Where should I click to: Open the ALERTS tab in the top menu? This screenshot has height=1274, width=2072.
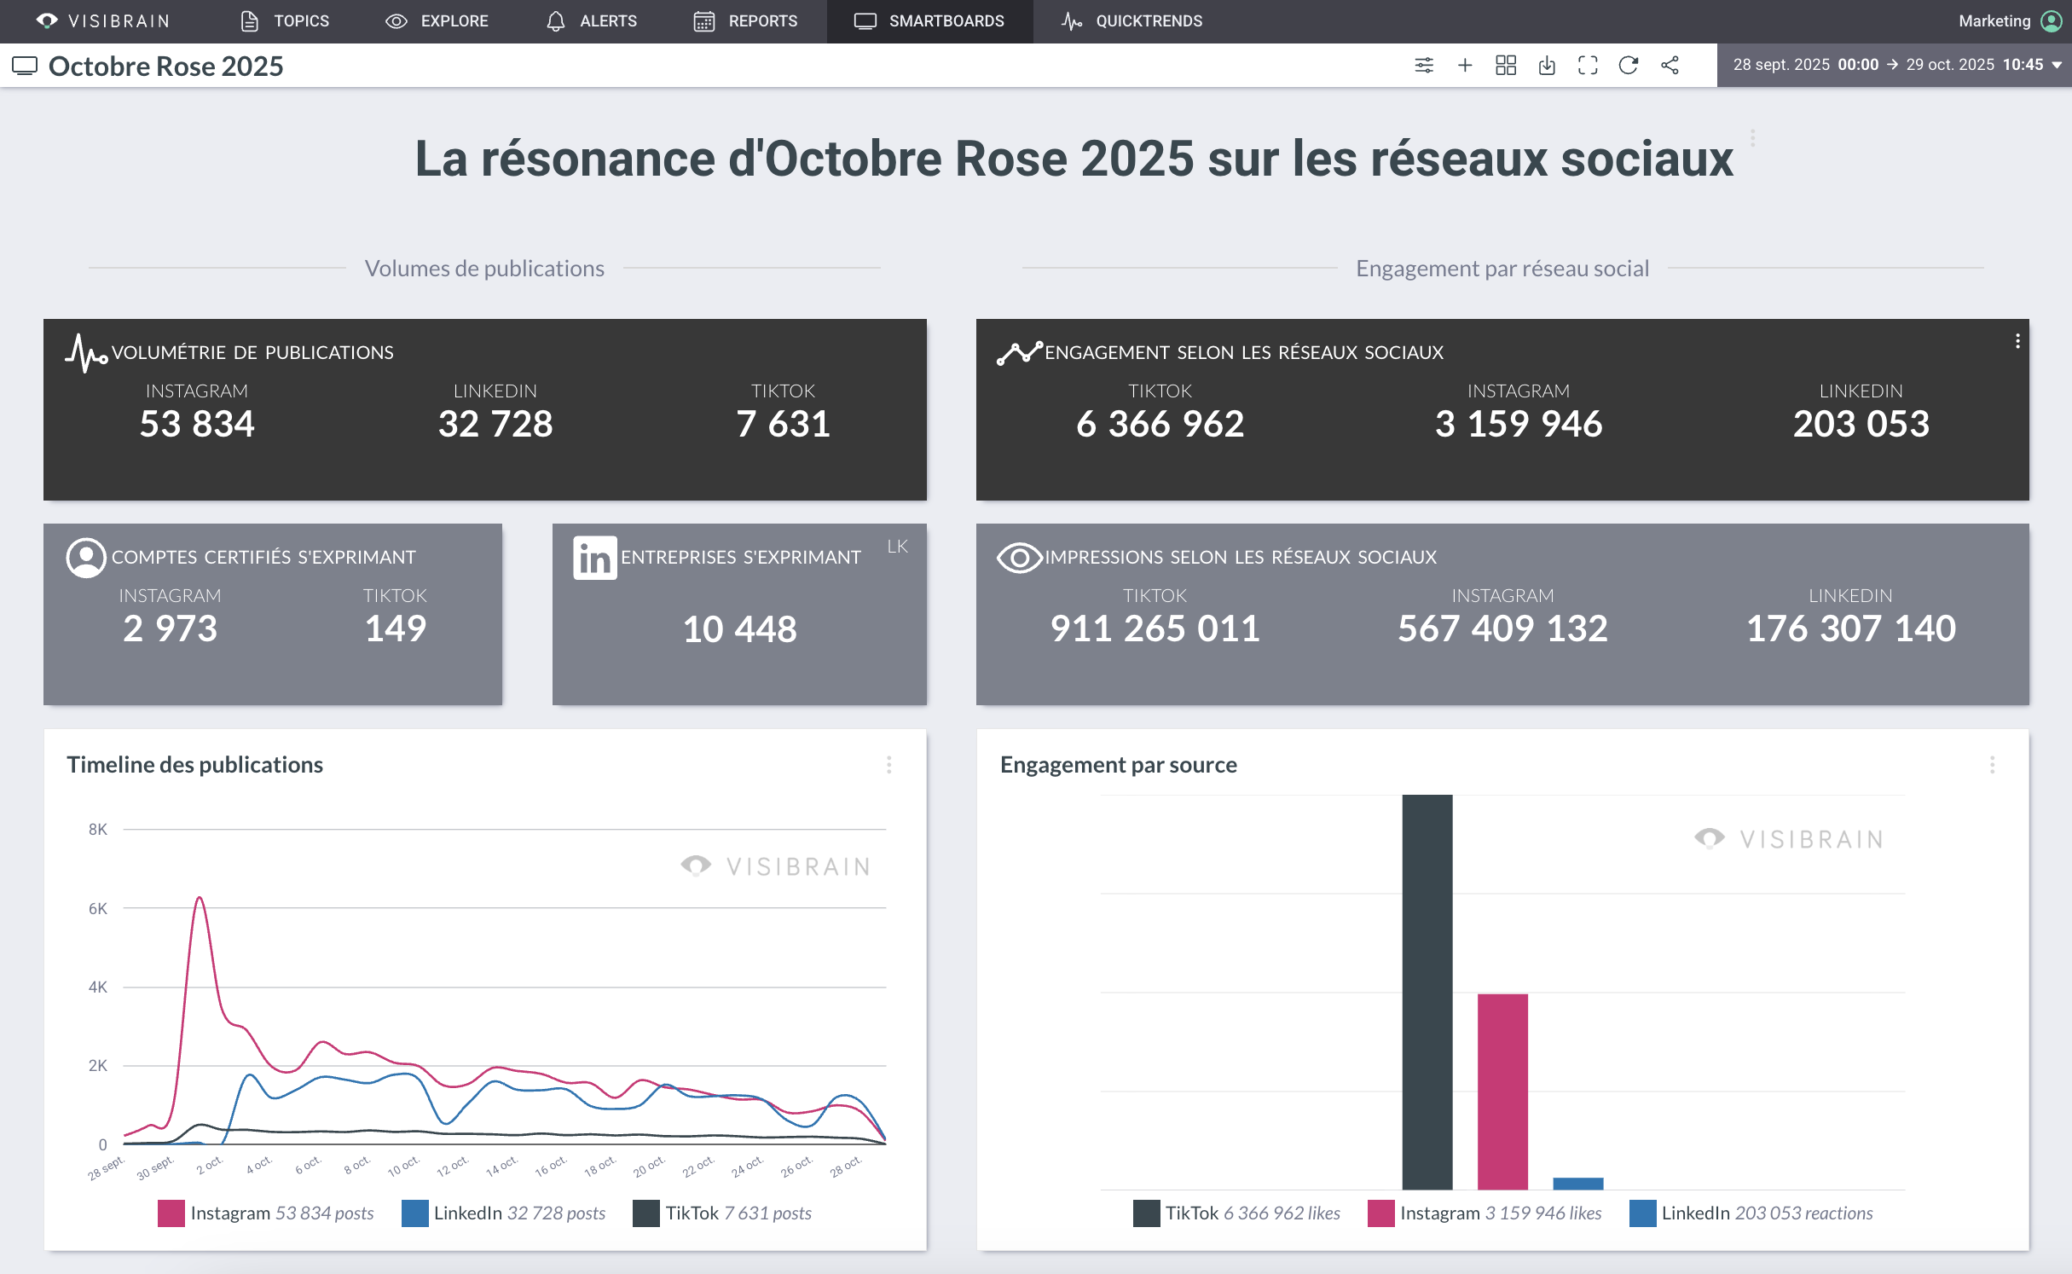[591, 20]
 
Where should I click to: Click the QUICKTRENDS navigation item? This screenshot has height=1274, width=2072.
[1131, 20]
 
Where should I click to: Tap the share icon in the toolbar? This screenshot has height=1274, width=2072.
[1670, 65]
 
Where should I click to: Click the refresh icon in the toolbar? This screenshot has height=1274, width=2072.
[1628, 65]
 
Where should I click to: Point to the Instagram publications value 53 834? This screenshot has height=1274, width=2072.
[197, 424]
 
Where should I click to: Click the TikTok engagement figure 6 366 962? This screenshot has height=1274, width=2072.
[1160, 424]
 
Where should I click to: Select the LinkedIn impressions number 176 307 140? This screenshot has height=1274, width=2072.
[1850, 628]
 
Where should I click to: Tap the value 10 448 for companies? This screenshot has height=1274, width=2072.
[739, 629]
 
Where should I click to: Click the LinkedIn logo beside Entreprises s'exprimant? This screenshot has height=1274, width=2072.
[594, 558]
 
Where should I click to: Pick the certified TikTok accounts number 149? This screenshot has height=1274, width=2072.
[395, 628]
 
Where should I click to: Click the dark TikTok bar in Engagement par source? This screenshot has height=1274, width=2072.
[1427, 989]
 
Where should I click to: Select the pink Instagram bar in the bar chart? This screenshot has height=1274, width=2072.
[1502, 1092]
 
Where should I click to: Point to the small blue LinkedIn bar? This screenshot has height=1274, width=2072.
[1577, 1184]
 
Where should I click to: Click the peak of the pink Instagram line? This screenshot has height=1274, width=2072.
[199, 898]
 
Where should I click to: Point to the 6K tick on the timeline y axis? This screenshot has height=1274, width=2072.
[98, 908]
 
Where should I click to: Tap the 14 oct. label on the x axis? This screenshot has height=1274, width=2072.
[501, 1165]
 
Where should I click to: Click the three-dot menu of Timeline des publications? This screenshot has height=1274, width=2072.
[888, 764]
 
